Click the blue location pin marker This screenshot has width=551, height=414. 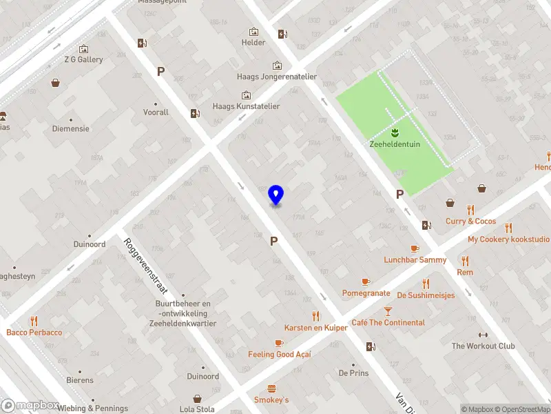[275, 195]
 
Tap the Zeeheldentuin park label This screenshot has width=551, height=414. [395, 144]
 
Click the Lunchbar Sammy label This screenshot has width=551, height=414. [415, 260]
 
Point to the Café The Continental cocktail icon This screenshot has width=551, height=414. [388, 311]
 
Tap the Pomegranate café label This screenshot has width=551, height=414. [366, 293]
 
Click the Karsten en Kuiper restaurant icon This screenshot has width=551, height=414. [316, 316]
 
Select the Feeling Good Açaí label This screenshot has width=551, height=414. [280, 354]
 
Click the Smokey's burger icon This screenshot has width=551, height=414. [271, 388]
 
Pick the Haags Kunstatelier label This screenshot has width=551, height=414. [246, 106]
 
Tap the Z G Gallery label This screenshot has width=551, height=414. [85, 59]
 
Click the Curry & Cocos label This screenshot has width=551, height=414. [470, 221]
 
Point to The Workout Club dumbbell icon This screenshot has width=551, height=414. [483, 335]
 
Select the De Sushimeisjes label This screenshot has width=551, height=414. [426, 295]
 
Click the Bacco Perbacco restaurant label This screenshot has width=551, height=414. [34, 333]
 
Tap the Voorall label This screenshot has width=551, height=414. [156, 112]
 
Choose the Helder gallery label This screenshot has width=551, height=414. [253, 42]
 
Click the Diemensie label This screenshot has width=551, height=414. [71, 128]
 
